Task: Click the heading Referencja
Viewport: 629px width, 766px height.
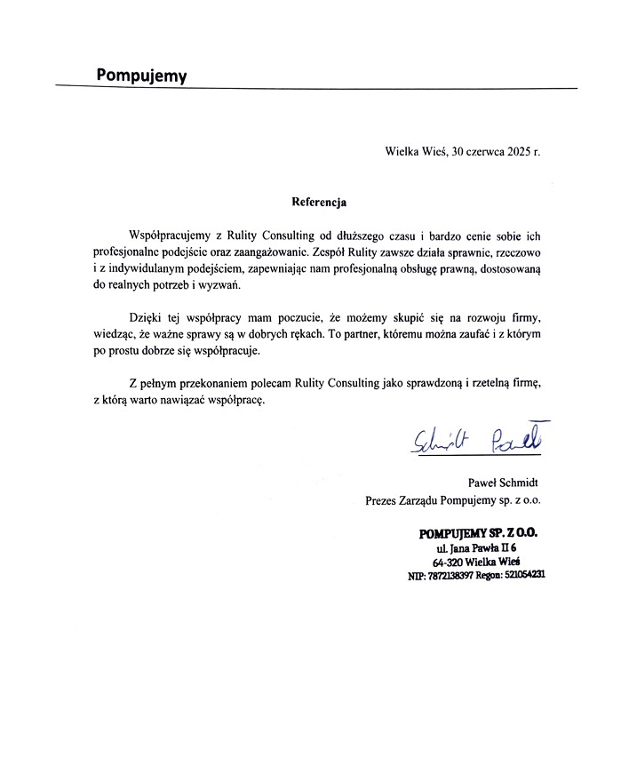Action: [318, 202]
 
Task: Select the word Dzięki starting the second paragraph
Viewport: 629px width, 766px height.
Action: [146, 317]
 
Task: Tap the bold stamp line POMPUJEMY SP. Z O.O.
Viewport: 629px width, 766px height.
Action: [478, 533]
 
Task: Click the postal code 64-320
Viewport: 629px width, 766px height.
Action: [451, 563]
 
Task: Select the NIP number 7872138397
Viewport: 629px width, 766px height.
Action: [450, 576]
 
